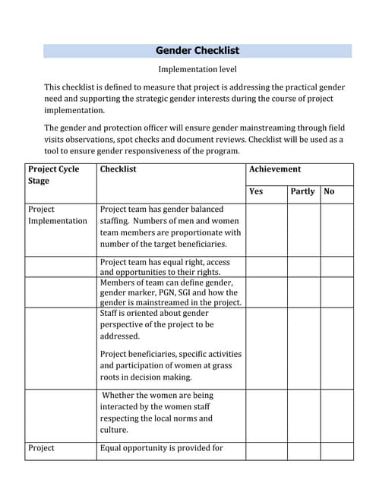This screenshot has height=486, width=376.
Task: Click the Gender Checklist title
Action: tap(197, 51)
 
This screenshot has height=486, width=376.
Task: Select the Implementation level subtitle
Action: tap(197, 69)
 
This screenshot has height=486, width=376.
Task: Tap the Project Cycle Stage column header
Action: tap(53, 175)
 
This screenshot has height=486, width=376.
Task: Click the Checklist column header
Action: tap(118, 169)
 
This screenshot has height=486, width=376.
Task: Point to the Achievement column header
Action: tap(275, 169)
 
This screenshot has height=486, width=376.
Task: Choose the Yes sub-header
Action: tap(256, 191)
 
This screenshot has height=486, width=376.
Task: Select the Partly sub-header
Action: tap(302, 191)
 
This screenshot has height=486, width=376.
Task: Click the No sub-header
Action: tap(329, 191)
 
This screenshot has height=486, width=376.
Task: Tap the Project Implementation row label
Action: tap(57, 215)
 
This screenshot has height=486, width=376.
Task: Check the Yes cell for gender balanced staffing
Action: tap(266, 227)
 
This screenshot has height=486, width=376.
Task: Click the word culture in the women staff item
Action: tap(114, 430)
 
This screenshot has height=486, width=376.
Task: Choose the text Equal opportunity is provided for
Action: tap(162, 448)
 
